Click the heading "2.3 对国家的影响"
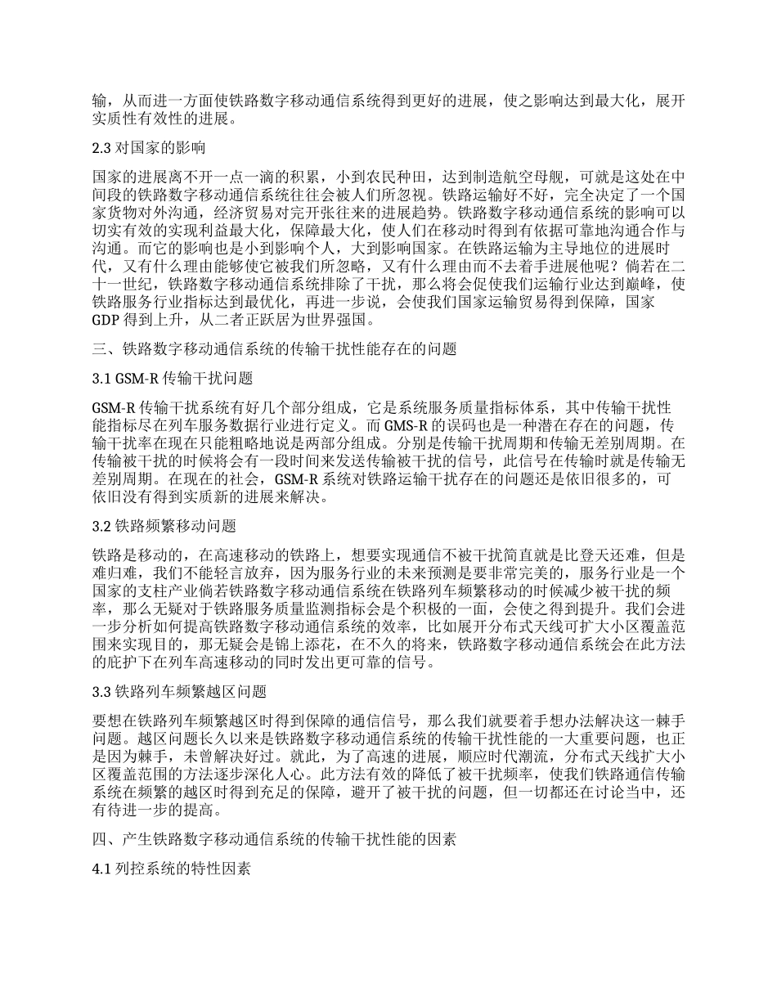point(148,149)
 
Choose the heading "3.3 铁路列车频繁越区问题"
point(179,692)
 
